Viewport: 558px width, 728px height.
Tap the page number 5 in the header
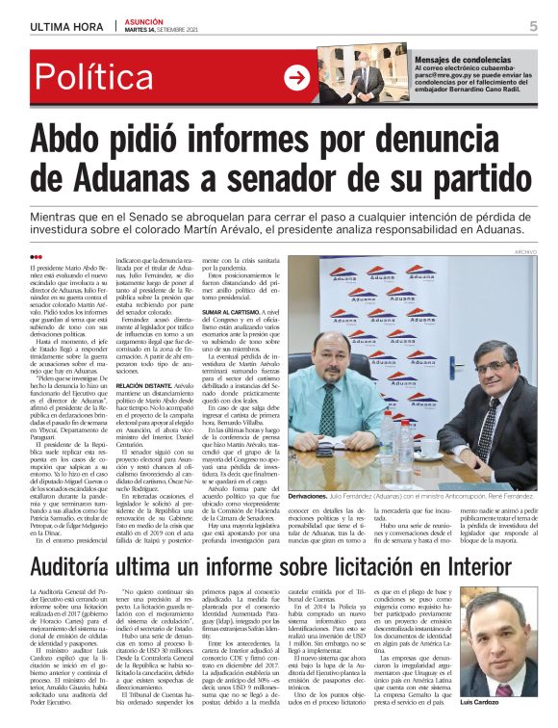pyautogui.click(x=532, y=25)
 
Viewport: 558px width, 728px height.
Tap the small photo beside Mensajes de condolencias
pyautogui.click(x=367, y=74)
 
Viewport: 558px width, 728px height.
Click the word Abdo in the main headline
pyautogui.click(x=78, y=141)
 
